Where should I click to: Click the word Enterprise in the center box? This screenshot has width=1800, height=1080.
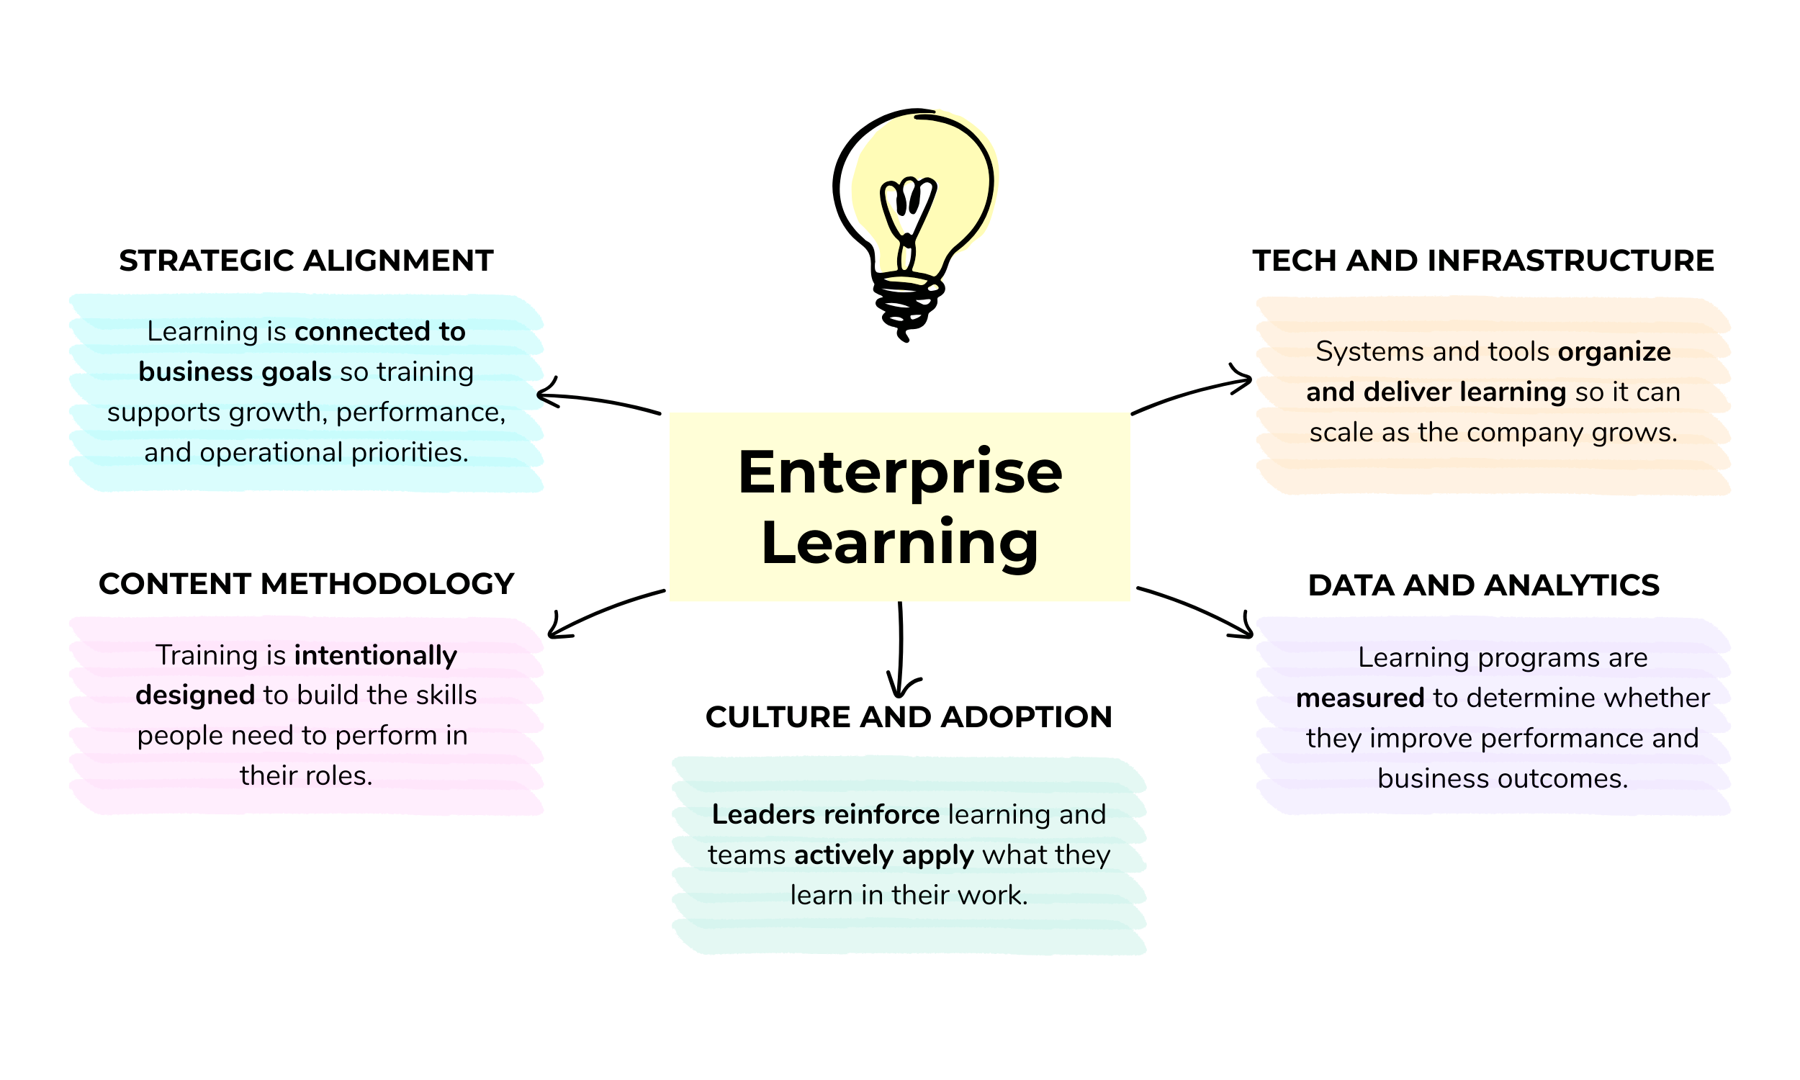[900, 473]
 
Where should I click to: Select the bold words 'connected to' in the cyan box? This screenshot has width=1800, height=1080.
[379, 332]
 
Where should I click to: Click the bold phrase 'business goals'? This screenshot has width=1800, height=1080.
[235, 372]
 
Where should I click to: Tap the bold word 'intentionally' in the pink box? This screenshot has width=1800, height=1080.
[375, 656]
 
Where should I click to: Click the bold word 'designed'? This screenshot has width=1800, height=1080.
[195, 696]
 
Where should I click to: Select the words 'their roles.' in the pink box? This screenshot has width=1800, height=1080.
[306, 775]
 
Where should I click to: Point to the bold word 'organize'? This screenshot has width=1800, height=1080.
[1614, 352]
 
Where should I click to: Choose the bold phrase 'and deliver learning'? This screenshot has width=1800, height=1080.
[1436, 392]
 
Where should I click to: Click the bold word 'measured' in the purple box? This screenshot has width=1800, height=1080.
[1360, 698]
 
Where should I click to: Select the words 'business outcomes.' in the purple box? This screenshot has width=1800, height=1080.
[1503, 780]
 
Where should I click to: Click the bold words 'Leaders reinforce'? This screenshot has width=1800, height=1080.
[825, 814]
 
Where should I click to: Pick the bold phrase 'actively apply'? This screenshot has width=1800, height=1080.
[883, 855]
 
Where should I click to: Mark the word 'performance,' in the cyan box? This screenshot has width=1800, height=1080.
[420, 413]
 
